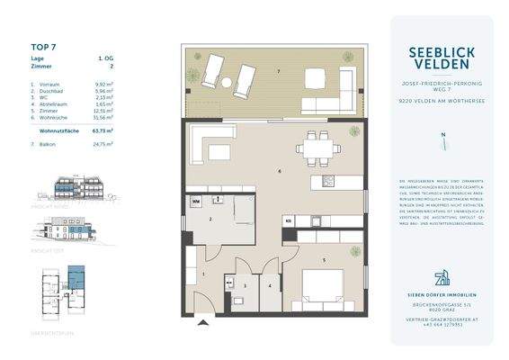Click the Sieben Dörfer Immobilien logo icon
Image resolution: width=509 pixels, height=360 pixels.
pyautogui.click(x=442, y=276)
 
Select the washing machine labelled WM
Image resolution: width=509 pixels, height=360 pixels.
pyautogui.click(x=195, y=202)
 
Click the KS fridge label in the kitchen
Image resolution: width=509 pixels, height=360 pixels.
pyautogui.click(x=289, y=220)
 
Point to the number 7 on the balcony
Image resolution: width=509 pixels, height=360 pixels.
pyautogui.click(x=279, y=71)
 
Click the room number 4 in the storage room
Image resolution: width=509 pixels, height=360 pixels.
pyautogui.click(x=269, y=287)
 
